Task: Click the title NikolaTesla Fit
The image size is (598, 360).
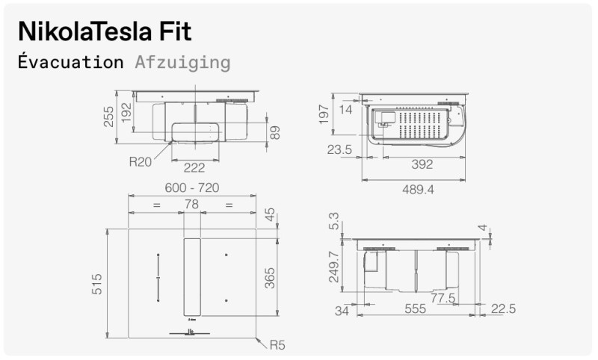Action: pyautogui.click(x=105, y=31)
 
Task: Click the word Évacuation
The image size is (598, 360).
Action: pyautogui.click(x=70, y=62)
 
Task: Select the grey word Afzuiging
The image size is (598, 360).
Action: pyautogui.click(x=182, y=62)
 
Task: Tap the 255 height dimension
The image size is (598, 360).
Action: pyautogui.click(x=109, y=116)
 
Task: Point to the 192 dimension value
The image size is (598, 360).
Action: pyautogui.click(x=126, y=112)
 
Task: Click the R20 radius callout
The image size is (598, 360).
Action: pyautogui.click(x=141, y=161)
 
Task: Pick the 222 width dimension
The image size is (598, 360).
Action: pyautogui.click(x=194, y=168)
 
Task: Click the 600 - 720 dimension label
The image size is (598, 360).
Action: pyautogui.click(x=191, y=188)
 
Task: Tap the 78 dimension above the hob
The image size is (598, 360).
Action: pyautogui.click(x=192, y=205)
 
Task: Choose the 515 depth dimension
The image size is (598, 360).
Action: pyautogui.click(x=97, y=284)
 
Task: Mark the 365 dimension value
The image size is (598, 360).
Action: pyautogui.click(x=271, y=277)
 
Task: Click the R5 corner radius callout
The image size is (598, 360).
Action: pyautogui.click(x=277, y=345)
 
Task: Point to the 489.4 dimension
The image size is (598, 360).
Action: pyautogui.click(x=418, y=190)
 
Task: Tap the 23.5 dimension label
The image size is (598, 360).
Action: pyautogui.click(x=339, y=149)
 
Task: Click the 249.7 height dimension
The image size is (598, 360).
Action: pyautogui.click(x=334, y=267)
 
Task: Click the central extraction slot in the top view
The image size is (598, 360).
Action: pyautogui.click(x=192, y=277)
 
